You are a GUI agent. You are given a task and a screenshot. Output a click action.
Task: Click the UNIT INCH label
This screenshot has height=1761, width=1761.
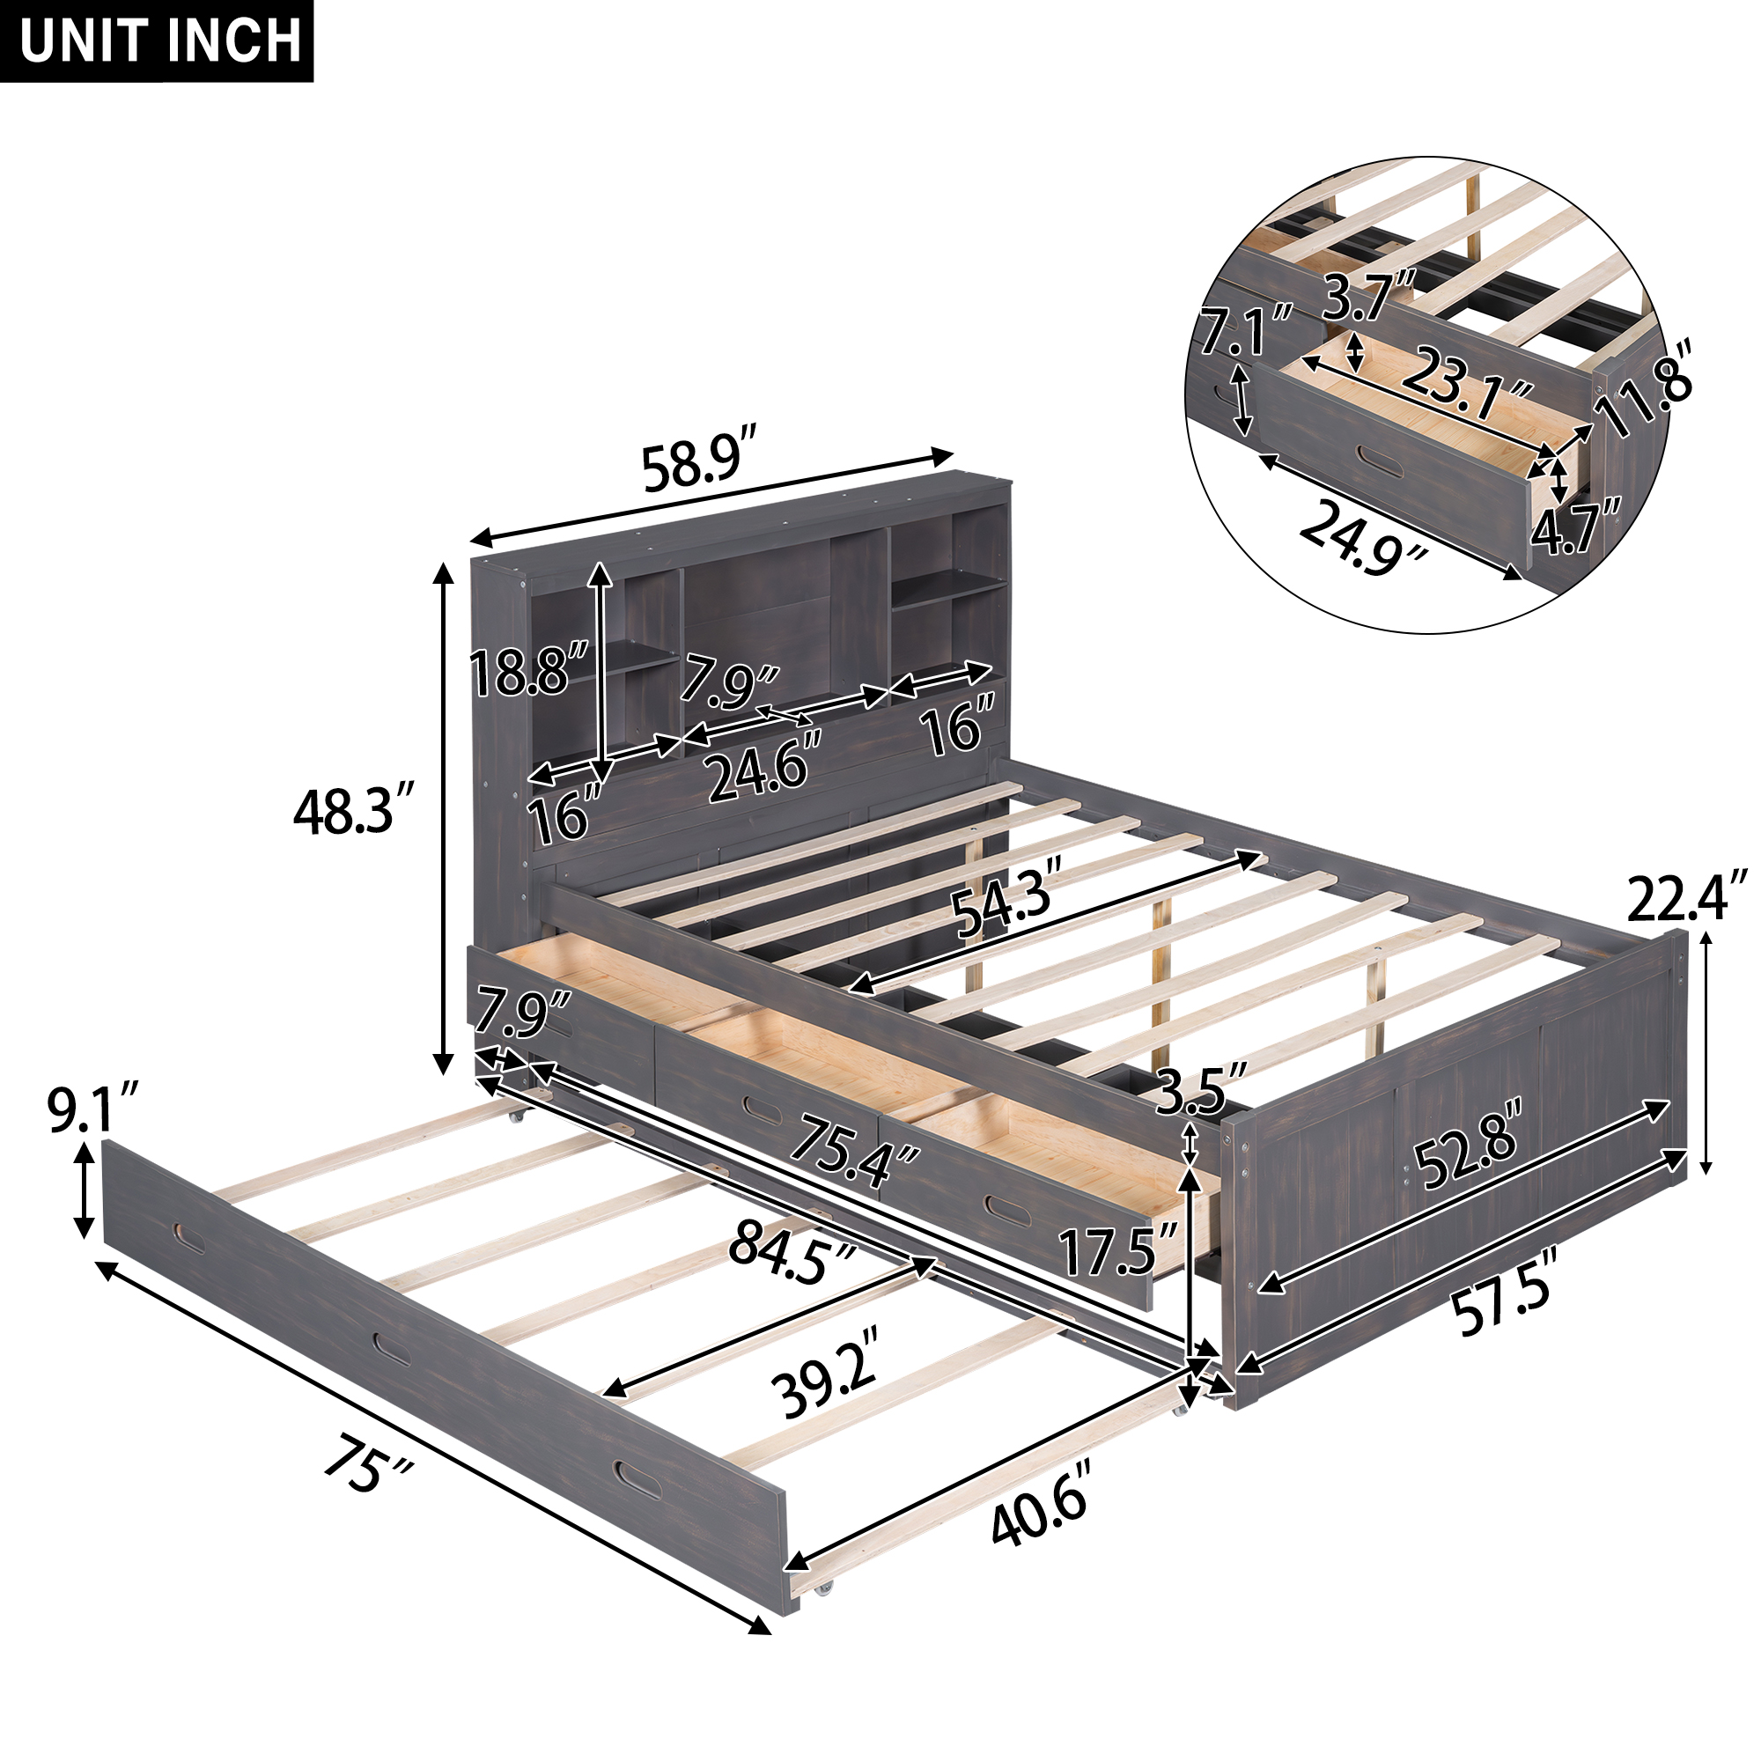(x=159, y=41)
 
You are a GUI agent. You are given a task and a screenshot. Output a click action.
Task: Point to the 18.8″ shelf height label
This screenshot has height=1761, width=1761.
(x=528, y=671)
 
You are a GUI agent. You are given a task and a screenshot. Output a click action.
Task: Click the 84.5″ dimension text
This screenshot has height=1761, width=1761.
(x=792, y=1252)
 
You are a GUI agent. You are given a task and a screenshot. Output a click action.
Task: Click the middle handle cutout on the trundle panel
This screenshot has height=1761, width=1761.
(x=391, y=1349)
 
